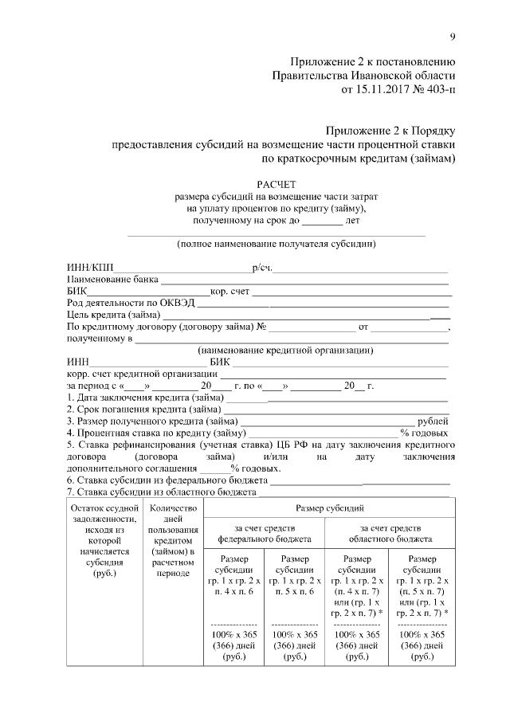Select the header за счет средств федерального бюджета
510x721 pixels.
click(x=265, y=533)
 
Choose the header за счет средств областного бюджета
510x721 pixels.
click(x=390, y=533)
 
